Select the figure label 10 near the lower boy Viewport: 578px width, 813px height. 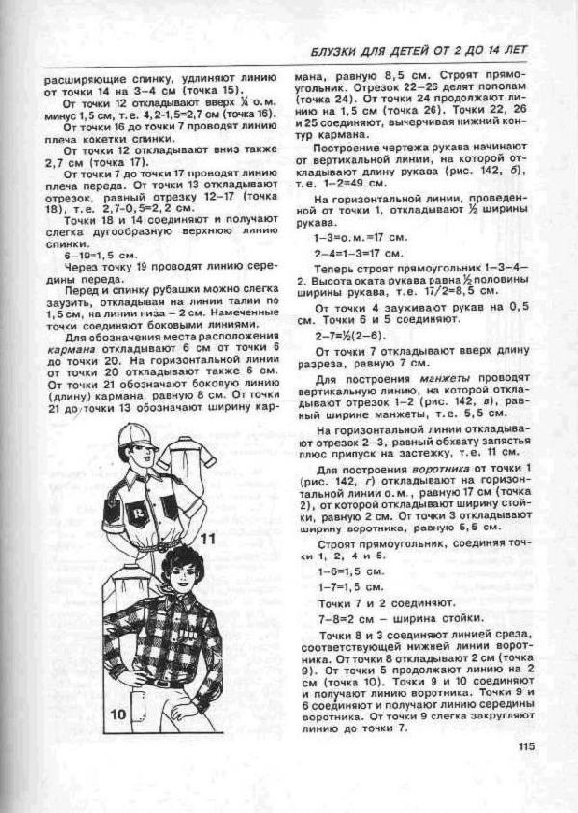118,714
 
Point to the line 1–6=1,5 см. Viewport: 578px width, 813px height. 345,571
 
